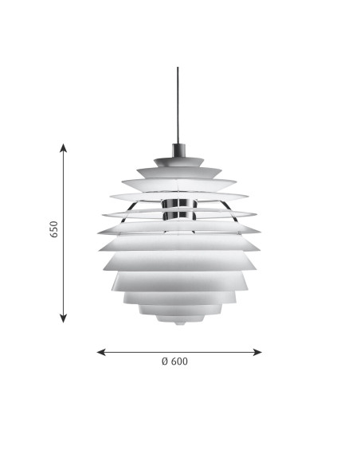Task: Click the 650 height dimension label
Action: [x=54, y=229]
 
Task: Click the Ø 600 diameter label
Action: [x=174, y=361]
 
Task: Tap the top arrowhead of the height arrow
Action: [x=63, y=147]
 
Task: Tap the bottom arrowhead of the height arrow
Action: [x=63, y=318]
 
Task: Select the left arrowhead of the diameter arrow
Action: [x=101, y=352]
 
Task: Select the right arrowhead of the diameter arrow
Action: [x=257, y=352]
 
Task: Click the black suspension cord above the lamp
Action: [x=178, y=106]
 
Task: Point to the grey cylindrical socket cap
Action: [x=178, y=150]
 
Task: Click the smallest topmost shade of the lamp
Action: [x=178, y=162]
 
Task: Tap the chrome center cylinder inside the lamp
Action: [x=179, y=209]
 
